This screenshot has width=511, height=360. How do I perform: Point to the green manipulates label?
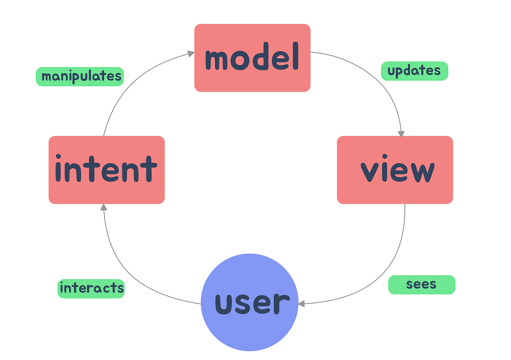pos(80,77)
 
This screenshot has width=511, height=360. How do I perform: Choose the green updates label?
pos(414,71)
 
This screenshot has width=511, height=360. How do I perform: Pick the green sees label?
pos(422,285)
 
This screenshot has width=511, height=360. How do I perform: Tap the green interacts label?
pos(91,289)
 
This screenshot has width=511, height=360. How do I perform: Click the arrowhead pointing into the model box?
pos(191,54)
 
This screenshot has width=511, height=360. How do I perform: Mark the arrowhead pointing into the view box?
pos(401,134)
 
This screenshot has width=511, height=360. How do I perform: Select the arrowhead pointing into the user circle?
pos(301,304)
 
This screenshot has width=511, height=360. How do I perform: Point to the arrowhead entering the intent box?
pos(103,207)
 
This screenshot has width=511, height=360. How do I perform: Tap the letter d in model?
pos(273,58)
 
